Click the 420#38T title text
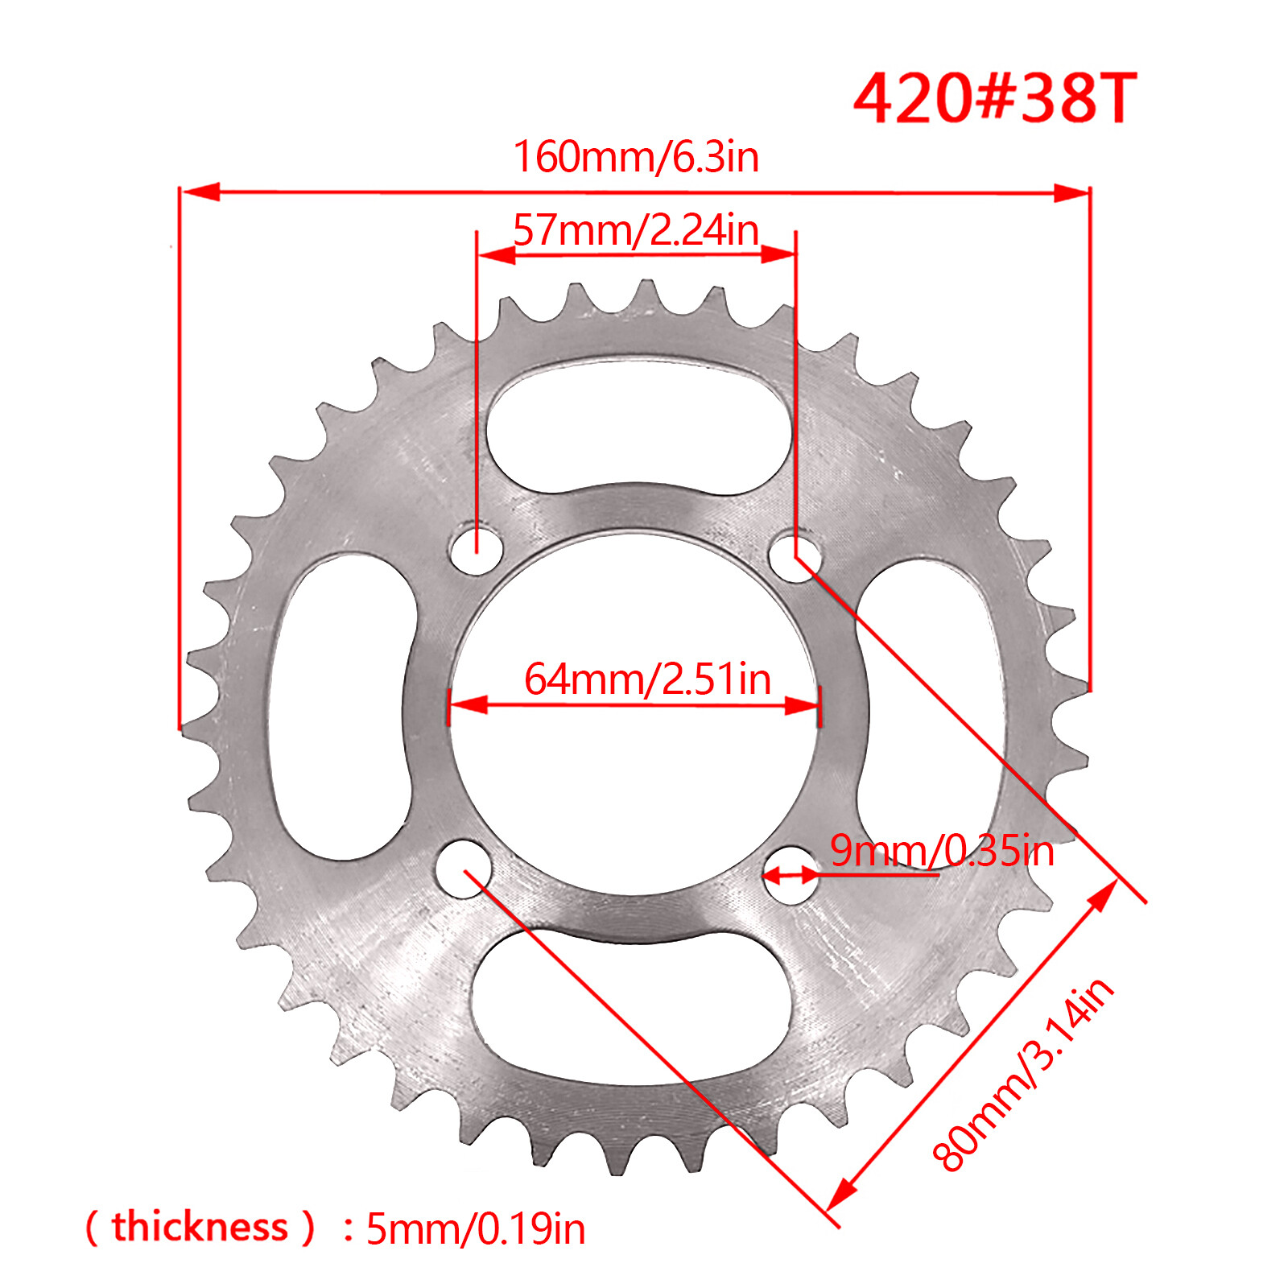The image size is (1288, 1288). click(x=995, y=98)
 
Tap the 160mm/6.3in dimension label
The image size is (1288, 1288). click(x=636, y=156)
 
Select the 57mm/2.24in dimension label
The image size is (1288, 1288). click(x=636, y=230)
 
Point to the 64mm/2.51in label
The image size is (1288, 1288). click(x=647, y=679)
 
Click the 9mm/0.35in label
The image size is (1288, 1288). click(x=942, y=851)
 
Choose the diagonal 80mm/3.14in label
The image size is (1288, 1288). click(x=1023, y=1074)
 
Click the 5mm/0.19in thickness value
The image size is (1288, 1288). click(x=476, y=1229)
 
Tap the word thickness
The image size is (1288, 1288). click(x=200, y=1227)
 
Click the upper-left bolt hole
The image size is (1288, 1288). click(x=477, y=550)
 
